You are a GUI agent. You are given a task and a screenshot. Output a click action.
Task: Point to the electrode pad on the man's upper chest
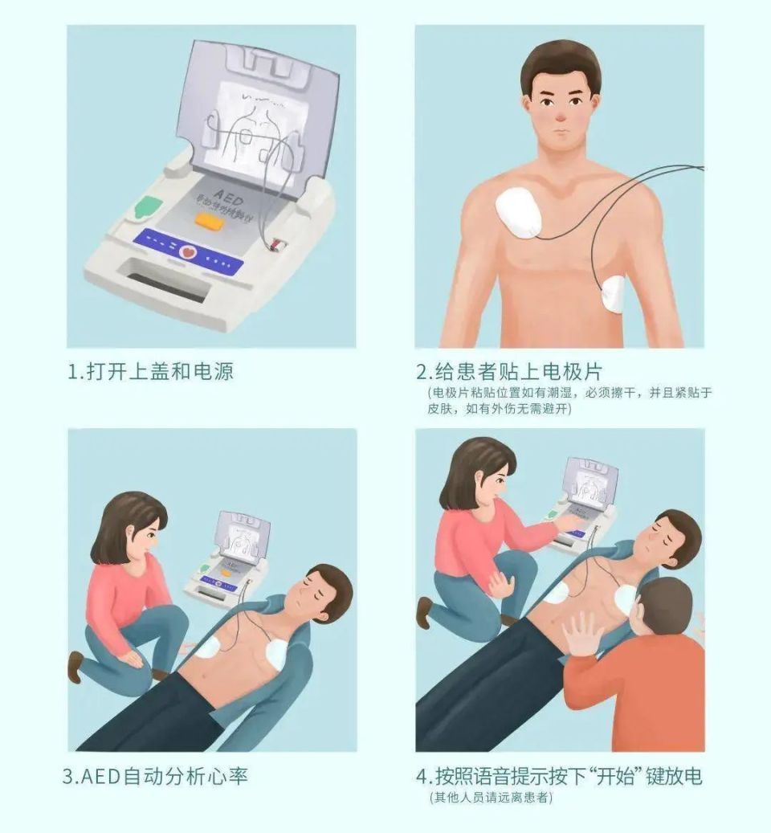[x=520, y=211]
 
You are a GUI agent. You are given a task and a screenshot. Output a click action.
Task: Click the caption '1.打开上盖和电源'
[x=150, y=372]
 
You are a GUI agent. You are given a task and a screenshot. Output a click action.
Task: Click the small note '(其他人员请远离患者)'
[x=491, y=798]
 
